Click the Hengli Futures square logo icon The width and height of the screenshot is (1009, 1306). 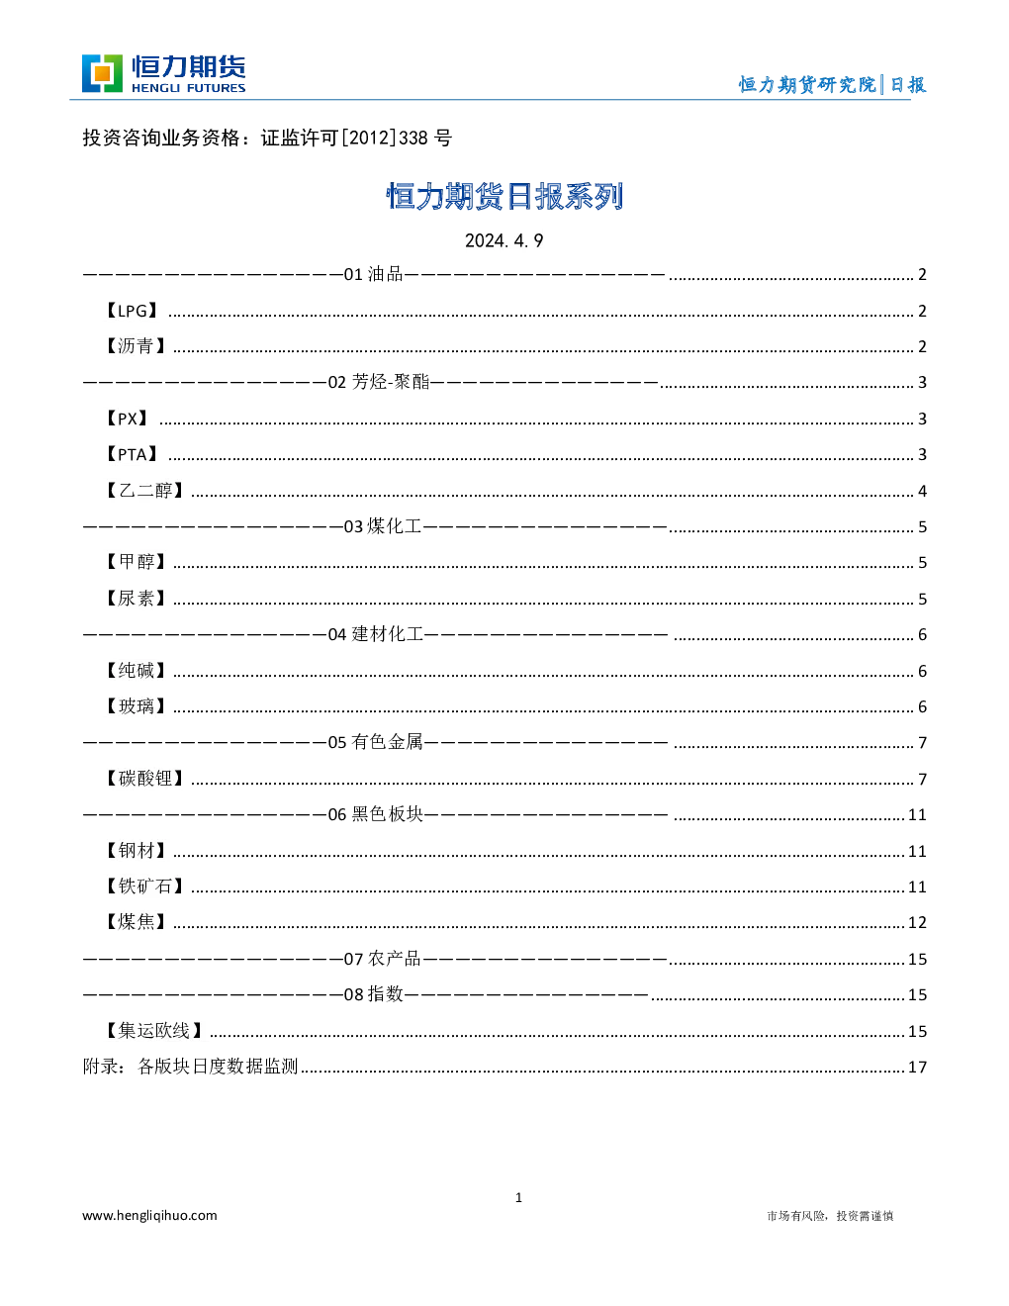point(102,73)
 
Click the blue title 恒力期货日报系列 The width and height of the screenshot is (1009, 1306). point(504,197)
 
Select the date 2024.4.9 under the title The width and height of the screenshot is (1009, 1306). point(504,240)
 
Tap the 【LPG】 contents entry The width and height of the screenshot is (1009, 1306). point(132,311)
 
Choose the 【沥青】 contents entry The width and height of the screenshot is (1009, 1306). point(136,346)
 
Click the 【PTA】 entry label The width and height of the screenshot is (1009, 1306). point(132,454)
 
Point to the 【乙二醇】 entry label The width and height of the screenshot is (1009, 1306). point(144,491)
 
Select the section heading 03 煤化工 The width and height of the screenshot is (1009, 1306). point(383,526)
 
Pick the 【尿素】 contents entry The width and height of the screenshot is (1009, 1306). point(136,599)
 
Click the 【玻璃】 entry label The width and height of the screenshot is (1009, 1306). point(136,706)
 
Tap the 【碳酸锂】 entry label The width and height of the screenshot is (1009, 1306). point(144,779)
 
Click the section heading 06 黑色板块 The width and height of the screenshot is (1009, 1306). point(376,814)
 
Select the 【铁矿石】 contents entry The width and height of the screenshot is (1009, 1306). point(144,886)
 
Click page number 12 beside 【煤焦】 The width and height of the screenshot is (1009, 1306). point(917,922)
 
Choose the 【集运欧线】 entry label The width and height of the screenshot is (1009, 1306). point(154,1031)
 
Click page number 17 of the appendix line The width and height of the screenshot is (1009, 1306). point(917,1067)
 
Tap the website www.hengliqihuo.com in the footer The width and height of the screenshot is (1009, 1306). point(149,1215)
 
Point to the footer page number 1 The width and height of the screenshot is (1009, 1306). point(518,1198)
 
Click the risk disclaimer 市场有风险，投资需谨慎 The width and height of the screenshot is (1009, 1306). point(830,1216)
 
